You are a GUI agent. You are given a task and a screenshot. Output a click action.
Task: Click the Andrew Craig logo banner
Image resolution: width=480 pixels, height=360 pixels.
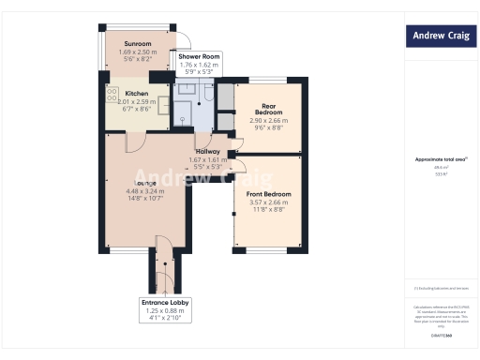pyautogui.click(x=440, y=37)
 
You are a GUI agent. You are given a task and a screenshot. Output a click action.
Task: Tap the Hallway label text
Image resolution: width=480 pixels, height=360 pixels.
pyautogui.click(x=208, y=151)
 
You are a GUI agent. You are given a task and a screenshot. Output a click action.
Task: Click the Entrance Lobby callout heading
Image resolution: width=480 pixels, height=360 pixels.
pyautogui.click(x=165, y=304)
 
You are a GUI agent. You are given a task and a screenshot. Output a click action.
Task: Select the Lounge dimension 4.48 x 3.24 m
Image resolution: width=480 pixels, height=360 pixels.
pyautogui.click(x=144, y=191)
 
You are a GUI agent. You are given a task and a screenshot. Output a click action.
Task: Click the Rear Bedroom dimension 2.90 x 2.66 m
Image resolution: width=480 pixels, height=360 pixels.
pyautogui.click(x=268, y=121)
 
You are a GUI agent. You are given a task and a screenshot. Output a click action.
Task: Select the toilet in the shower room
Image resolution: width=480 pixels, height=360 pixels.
pyautogui.click(x=208, y=93)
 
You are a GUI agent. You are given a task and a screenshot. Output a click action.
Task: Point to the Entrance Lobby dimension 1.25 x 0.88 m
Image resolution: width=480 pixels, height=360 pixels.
pyautogui.click(x=165, y=311)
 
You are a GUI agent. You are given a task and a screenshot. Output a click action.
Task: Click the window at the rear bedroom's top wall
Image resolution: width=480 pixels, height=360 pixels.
pyautogui.click(x=269, y=80)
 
